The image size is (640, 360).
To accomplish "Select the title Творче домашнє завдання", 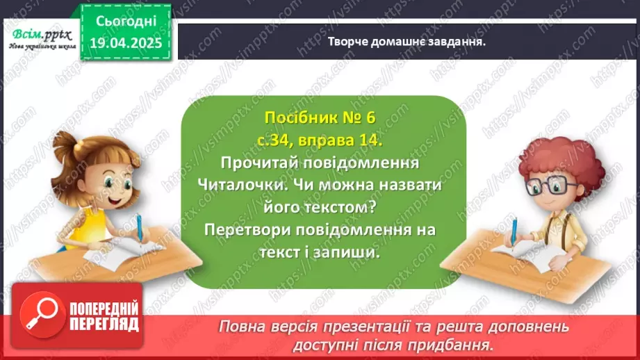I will (x=407, y=41).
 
